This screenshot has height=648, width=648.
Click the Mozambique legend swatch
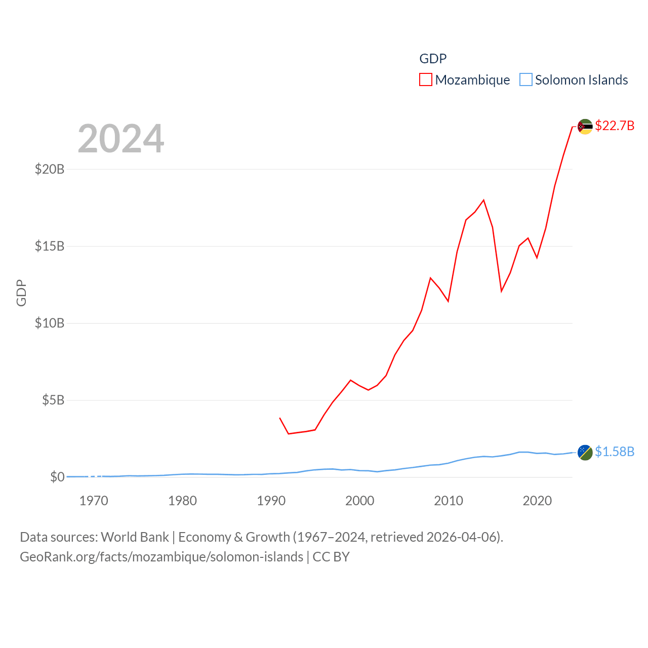coord(426,80)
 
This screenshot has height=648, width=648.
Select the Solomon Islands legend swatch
coord(526,80)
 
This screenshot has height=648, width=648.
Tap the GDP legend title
coord(433,59)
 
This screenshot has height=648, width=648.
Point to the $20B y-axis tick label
coord(50,169)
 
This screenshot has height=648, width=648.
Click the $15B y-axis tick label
coord(50,246)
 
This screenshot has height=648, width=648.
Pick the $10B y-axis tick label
coord(50,323)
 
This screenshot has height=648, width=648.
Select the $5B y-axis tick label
coord(53,400)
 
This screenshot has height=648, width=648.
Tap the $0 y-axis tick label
coord(57,477)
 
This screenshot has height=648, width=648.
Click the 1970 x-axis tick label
coord(94,501)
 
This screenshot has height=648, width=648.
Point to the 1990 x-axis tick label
coord(271,501)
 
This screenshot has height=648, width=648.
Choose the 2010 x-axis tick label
coord(449,501)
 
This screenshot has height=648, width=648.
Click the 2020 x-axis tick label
coord(537,501)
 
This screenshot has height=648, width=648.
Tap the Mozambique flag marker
coord(585,127)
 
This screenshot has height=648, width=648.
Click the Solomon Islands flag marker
coord(585,453)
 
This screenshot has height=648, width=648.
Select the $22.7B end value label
coord(615,126)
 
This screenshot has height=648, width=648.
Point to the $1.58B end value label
coord(615,452)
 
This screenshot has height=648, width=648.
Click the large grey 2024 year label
coord(121,139)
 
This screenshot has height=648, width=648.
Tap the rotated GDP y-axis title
coord(21,293)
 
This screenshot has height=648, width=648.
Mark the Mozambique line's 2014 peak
coord(483,200)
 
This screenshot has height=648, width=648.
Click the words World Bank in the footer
coord(135,537)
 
